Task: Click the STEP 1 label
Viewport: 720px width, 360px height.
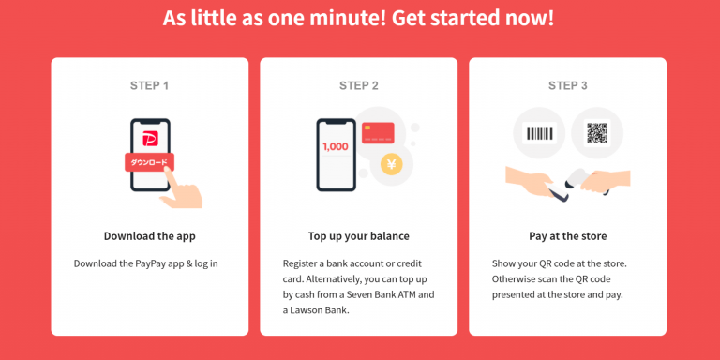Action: (x=150, y=85)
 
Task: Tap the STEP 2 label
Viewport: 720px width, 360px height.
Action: (x=359, y=85)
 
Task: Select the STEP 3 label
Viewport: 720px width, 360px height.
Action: (x=568, y=85)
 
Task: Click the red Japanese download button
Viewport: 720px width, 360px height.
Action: (x=149, y=162)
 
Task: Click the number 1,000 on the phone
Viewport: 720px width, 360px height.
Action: (x=335, y=146)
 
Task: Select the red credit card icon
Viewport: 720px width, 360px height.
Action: (x=377, y=134)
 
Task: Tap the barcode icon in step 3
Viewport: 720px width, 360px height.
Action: (x=540, y=134)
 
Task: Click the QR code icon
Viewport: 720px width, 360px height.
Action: (x=597, y=134)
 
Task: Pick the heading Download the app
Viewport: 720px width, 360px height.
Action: (x=150, y=235)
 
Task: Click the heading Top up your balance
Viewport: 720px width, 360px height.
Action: (x=359, y=235)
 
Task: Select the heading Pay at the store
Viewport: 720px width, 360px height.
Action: (x=568, y=235)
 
